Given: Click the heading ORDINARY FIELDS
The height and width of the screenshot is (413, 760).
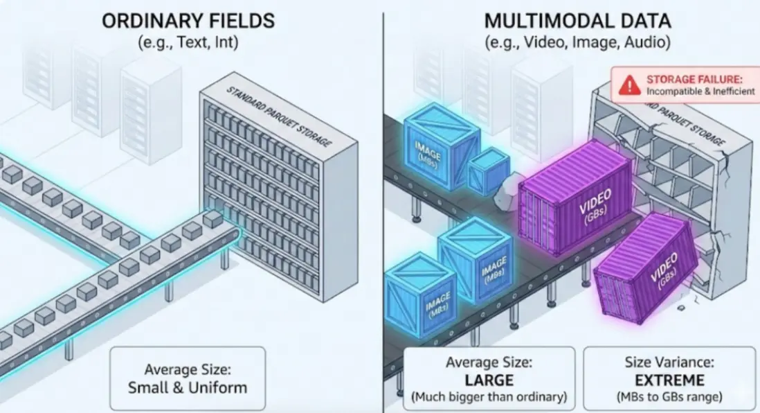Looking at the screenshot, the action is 188,21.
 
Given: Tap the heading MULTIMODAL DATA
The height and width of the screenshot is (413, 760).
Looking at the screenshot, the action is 578,21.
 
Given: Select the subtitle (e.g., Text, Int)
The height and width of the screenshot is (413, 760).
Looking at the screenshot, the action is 188,42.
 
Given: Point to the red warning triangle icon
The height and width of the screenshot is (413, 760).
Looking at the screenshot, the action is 629,85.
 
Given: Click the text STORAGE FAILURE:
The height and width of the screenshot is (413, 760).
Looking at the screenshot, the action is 694,79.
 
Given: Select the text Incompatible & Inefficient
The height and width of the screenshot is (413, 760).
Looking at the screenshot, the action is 700,91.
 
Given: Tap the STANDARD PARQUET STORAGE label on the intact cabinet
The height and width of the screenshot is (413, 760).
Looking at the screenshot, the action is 279,116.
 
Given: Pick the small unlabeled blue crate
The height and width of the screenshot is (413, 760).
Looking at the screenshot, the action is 488,171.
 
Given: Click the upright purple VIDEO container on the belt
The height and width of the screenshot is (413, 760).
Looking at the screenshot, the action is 575,196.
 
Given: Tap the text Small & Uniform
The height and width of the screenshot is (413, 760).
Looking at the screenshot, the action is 188,388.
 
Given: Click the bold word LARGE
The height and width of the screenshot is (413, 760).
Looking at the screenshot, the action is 489,380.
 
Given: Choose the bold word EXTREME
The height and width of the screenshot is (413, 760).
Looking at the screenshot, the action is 669,380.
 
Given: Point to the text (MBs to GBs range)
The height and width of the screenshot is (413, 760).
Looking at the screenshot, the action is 669,397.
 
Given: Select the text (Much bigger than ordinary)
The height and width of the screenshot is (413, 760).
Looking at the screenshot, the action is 489,397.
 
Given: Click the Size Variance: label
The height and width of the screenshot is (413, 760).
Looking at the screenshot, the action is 669,362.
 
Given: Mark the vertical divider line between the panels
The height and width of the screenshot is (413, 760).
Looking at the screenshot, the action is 383,213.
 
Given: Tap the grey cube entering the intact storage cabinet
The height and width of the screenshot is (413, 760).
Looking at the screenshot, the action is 212,218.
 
